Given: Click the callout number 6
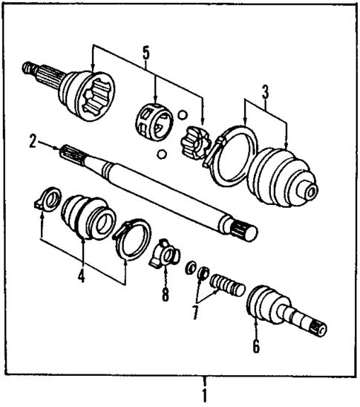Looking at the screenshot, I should pyautogui.click(x=255, y=346).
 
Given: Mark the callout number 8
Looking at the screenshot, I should pyautogui.click(x=165, y=295).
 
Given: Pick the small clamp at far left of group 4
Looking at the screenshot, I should pyautogui.click(x=48, y=201).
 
